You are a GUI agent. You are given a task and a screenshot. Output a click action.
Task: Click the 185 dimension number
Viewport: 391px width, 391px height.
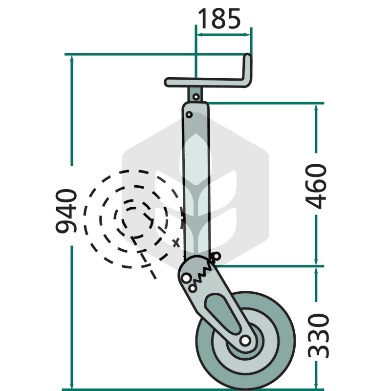[x=219, y=19]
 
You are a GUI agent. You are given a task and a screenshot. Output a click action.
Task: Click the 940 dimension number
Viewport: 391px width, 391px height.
[x=66, y=211]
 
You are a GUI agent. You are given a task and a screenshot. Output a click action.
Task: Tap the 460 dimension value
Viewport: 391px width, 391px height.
[x=316, y=186]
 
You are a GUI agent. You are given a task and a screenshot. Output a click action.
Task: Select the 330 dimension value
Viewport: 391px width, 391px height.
[x=319, y=336]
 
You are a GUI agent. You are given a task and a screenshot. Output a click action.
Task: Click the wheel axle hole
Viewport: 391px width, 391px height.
[x=245, y=340]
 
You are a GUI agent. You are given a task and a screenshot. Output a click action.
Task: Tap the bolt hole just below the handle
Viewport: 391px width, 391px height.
[x=196, y=96]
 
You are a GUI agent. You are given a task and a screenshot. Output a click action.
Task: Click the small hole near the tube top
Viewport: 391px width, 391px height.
[x=189, y=115]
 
